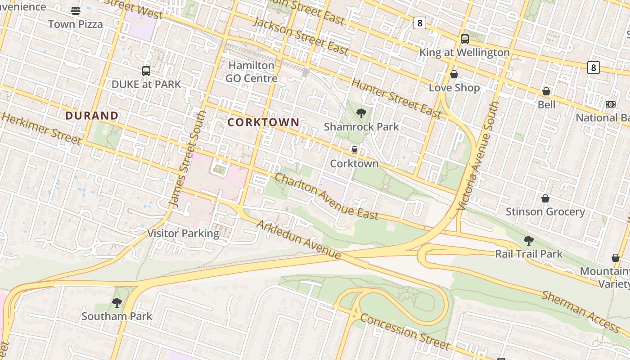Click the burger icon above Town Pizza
coord(76,11)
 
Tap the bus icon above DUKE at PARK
coord(146,71)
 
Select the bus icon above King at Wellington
coord(465,39)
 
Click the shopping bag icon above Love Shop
coord(454,74)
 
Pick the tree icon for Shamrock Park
coord(361,113)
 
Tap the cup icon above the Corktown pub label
coord(355,150)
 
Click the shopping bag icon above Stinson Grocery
coord(545,198)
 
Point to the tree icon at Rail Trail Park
coord(529,241)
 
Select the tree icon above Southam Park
coord(117,303)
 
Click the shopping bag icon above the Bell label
coord(546,91)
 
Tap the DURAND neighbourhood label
coord(92,116)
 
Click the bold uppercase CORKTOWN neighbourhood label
coord(263,122)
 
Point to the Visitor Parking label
coord(184,233)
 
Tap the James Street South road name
coord(189,159)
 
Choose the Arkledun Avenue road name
coord(299,239)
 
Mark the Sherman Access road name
coord(580,310)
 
